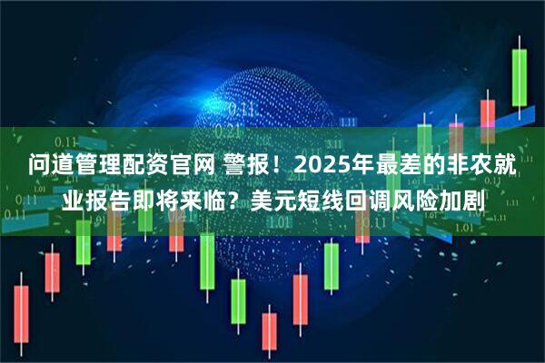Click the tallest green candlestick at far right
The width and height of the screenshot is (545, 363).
[520, 77]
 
